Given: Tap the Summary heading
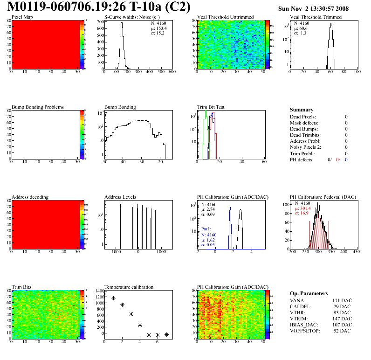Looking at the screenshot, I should [302, 110].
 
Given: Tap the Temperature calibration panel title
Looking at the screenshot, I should [129, 287].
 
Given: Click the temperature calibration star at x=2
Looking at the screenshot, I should [122, 305].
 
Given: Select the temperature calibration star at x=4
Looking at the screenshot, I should [140, 325].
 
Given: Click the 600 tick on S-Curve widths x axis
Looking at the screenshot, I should [172, 72].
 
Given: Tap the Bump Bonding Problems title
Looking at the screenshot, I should [38, 107].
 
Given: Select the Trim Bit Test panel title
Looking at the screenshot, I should [211, 107].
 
